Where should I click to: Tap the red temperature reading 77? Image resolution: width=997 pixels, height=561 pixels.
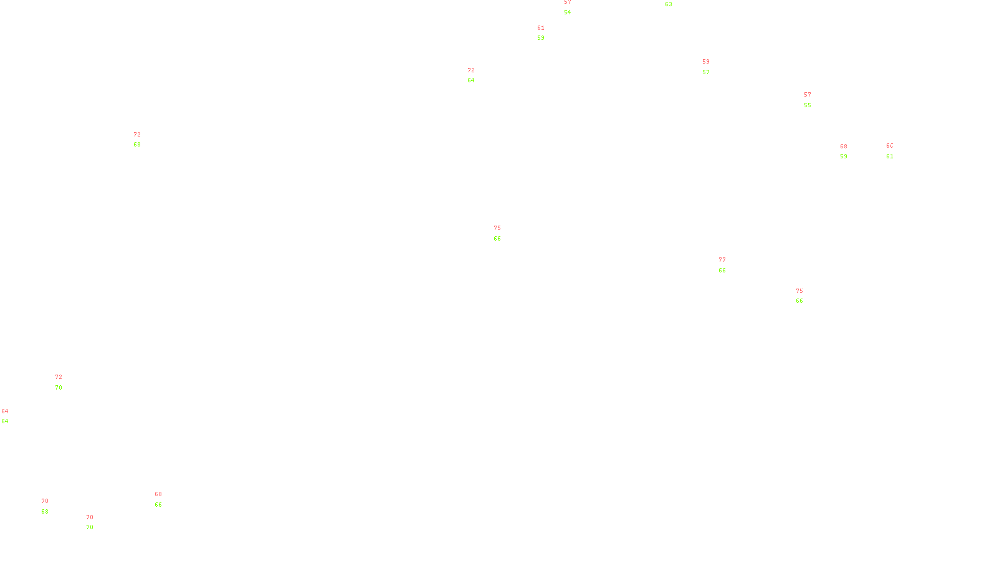(722, 260)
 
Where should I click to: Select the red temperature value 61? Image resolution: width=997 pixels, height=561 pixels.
(541, 28)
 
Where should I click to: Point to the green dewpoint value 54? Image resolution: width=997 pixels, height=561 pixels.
(568, 12)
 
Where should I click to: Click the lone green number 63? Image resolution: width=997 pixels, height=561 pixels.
(669, 4)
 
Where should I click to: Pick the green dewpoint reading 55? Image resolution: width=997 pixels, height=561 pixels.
(808, 105)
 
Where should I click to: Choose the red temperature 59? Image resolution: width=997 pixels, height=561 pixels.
(706, 62)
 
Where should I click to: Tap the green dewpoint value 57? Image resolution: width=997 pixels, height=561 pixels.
(706, 72)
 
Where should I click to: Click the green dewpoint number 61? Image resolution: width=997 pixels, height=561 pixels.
(890, 156)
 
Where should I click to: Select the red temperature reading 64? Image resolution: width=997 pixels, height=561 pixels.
(5, 411)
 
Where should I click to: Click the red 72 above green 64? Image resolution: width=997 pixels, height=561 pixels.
(471, 70)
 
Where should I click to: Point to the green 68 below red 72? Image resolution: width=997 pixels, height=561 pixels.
(137, 145)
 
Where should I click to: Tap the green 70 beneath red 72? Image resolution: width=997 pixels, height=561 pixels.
(59, 388)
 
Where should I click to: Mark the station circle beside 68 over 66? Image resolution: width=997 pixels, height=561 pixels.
(164, 499)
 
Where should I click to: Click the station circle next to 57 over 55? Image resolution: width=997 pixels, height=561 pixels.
(813, 100)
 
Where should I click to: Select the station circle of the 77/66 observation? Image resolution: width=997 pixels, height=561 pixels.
(728, 265)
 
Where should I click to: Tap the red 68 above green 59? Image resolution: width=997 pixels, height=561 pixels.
(844, 146)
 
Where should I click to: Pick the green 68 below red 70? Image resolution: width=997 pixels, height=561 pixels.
(45, 512)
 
